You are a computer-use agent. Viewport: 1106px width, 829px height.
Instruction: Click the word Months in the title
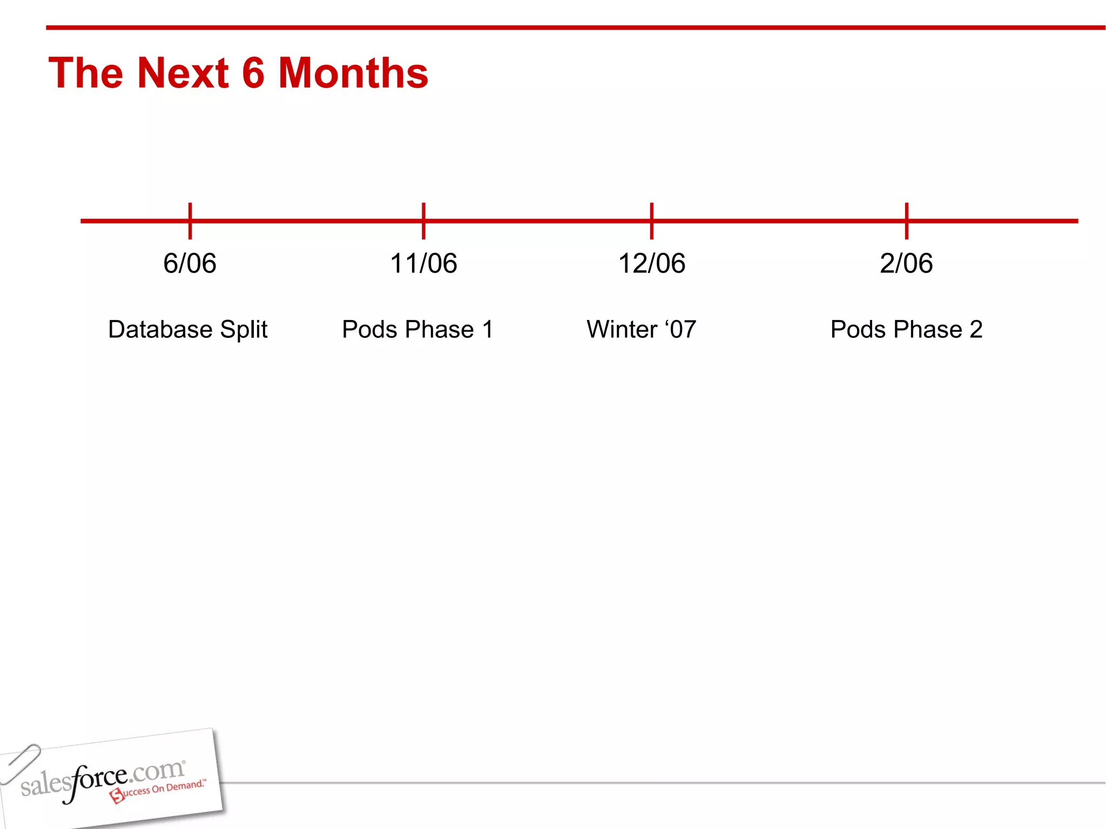click(353, 73)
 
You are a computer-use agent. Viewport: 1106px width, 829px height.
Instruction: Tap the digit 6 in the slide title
click(253, 73)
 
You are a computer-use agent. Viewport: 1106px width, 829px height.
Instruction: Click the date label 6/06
click(190, 263)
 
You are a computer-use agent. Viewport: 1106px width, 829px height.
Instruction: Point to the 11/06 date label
click(423, 263)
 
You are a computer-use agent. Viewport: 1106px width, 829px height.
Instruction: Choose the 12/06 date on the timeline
click(651, 263)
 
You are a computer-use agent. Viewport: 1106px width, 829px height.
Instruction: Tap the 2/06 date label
click(906, 263)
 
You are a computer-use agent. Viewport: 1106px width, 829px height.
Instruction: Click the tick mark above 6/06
click(190, 221)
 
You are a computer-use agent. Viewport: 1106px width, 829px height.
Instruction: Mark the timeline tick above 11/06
click(423, 221)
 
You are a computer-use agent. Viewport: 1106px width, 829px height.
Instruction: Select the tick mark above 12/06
click(652, 221)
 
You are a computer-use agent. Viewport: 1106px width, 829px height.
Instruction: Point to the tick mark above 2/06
click(907, 221)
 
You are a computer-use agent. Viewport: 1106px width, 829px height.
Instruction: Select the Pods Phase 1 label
click(417, 329)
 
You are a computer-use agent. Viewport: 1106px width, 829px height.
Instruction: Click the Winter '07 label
click(641, 329)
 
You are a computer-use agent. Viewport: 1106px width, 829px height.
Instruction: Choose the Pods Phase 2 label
click(906, 329)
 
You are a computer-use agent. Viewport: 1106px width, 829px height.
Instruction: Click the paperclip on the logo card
click(20, 763)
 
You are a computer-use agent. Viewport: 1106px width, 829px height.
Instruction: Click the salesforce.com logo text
click(103, 779)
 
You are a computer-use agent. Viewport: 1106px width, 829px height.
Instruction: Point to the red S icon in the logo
click(117, 795)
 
